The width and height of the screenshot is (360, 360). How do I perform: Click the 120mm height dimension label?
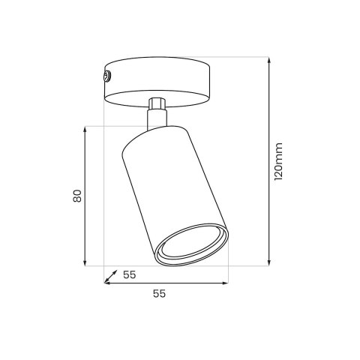278,161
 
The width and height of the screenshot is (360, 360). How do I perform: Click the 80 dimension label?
77,196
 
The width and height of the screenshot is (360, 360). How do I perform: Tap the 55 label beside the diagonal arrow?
130,275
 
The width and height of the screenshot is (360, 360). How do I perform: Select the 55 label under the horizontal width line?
159,293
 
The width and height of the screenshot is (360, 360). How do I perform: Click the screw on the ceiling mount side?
107,76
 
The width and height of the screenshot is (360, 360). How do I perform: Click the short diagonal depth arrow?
111,276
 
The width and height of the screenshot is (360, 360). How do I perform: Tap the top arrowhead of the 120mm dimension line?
269,61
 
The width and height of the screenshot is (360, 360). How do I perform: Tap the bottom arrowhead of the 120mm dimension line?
269,262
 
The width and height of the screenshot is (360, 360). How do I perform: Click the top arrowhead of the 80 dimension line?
85,130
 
